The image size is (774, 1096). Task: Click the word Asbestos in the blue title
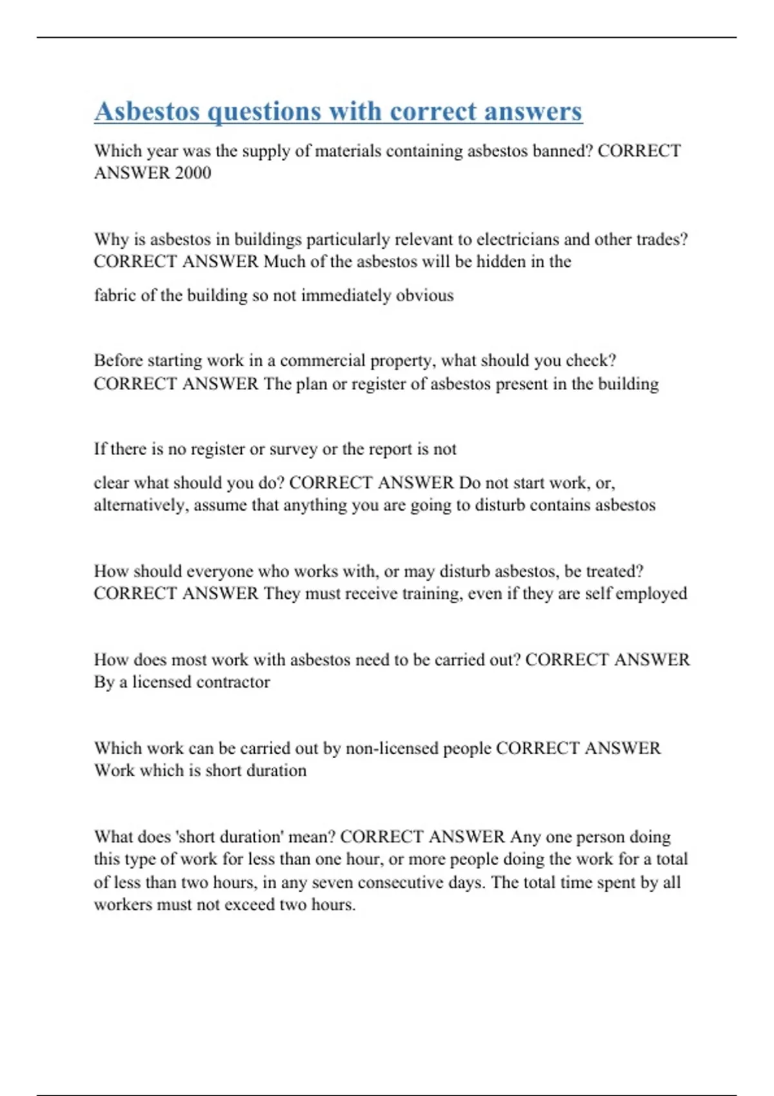(147, 111)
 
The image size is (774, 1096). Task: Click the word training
(431, 593)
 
